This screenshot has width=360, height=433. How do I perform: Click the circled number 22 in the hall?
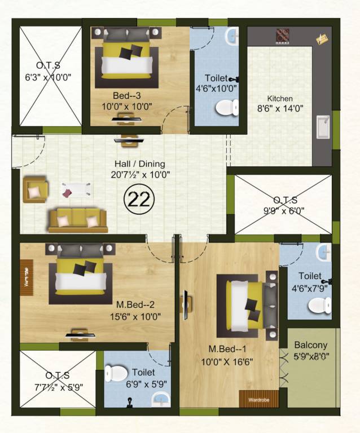(136, 200)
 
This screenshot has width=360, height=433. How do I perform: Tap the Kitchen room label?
(280, 98)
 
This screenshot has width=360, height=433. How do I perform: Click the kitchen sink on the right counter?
(323, 128)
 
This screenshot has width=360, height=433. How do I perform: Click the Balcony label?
(310, 345)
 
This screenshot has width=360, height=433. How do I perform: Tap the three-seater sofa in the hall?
(78, 220)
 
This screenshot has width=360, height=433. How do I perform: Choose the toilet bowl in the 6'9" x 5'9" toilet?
(116, 373)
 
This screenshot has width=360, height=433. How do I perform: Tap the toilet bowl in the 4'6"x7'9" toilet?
(319, 304)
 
